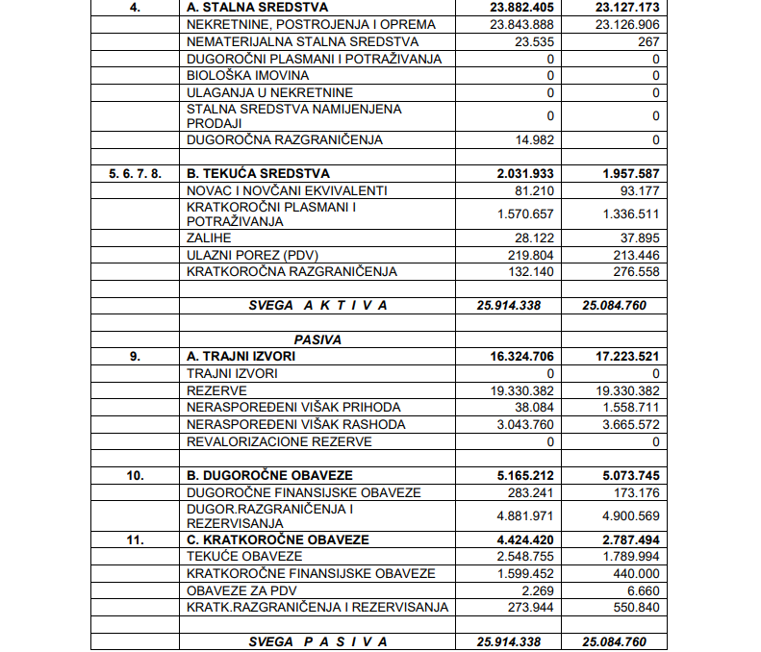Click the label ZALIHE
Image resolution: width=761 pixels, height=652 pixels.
(x=209, y=238)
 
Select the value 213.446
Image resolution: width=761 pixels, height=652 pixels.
(x=632, y=255)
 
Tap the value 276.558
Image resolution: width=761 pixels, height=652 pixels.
(x=632, y=272)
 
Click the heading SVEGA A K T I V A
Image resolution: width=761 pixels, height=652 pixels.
(x=317, y=305)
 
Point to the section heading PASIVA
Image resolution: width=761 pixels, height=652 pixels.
(x=317, y=339)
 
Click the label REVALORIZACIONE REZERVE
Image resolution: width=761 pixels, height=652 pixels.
(x=279, y=441)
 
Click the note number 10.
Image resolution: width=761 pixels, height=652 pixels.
(x=135, y=475)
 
